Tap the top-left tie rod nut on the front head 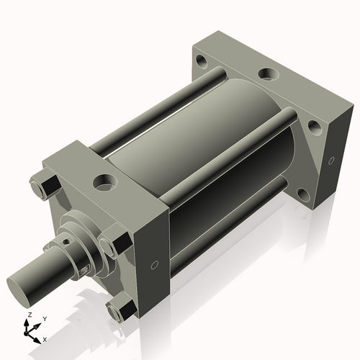pos(45,185)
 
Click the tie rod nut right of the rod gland pos(112,245)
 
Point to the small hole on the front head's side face pos(156,266)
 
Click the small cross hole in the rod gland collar pos(67,243)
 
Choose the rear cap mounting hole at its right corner pos(314,128)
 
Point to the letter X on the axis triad pos(45,338)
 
